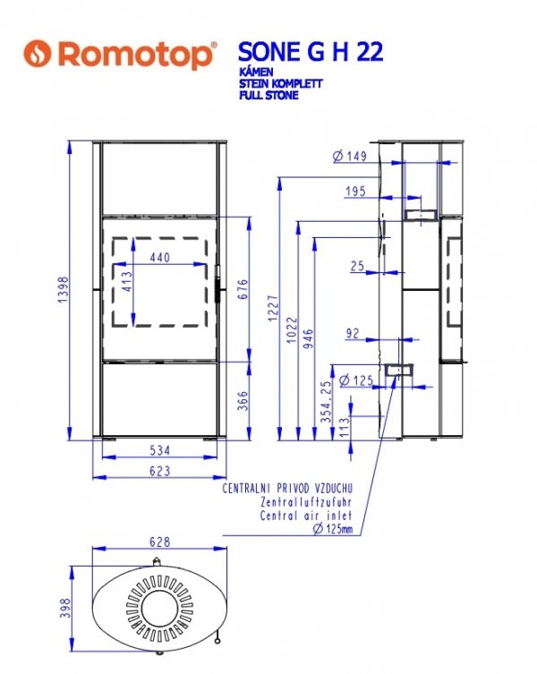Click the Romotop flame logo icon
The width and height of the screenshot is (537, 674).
[38, 54]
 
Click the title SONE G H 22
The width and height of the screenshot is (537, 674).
[310, 52]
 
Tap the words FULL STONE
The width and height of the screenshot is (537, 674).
[268, 95]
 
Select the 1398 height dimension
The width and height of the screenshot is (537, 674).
[64, 289]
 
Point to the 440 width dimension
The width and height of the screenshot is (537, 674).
[160, 257]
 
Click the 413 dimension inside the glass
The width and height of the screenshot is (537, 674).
[127, 282]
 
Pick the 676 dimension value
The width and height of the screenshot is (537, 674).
[243, 289]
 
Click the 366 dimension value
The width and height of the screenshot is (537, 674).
[243, 401]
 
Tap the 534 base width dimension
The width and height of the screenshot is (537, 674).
[160, 450]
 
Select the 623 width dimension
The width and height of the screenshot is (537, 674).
[160, 471]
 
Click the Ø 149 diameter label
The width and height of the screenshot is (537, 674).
[350, 156]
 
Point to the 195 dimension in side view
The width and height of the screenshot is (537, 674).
[355, 191]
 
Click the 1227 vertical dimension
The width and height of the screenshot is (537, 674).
[273, 308]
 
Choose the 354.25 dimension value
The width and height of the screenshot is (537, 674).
[327, 402]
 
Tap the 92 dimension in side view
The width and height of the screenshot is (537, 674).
[352, 333]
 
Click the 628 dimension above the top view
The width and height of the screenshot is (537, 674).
[160, 542]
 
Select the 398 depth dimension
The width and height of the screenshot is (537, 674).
[65, 608]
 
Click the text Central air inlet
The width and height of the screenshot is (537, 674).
[306, 515]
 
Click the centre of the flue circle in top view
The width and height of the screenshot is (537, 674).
[160, 608]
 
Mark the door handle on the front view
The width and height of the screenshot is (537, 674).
[218, 285]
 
